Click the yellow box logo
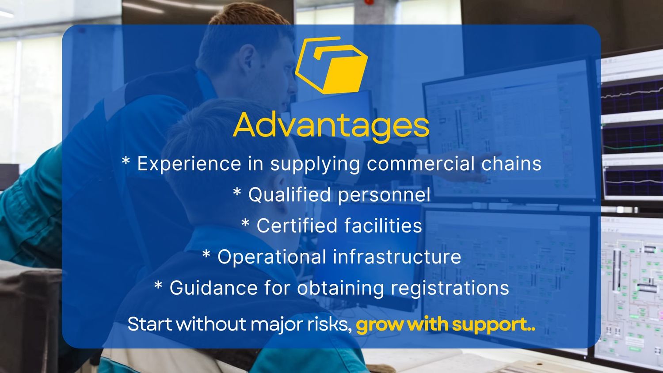pos(331,65)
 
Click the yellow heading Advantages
pos(331,126)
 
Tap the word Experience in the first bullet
pos(190,164)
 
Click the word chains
pos(511,164)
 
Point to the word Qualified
pos(289,195)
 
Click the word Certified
pos(297,225)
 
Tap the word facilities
pos(383,225)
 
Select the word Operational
pos(272,257)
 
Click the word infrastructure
pos(397,256)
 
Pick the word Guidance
pos(213,288)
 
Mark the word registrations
pos(450,288)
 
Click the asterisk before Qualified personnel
pos(237,191)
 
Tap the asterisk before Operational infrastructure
pos(206,253)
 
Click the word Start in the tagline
pos(150,324)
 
